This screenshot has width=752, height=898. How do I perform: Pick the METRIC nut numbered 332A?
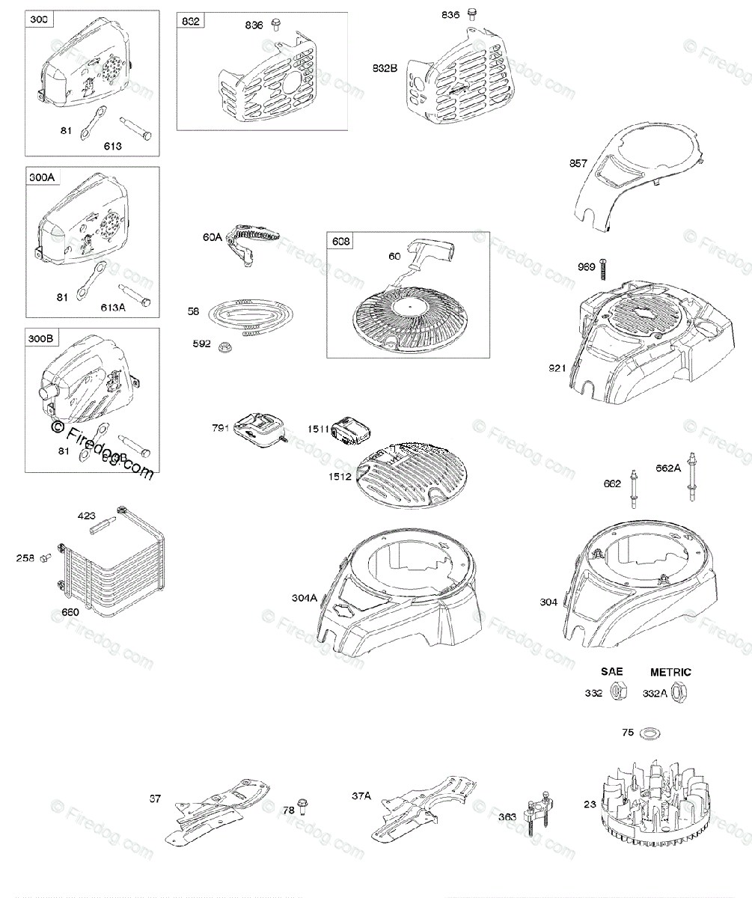tap(679, 693)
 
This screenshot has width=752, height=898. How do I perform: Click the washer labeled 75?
tap(650, 732)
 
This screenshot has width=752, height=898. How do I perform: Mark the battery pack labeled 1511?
tap(350, 430)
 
